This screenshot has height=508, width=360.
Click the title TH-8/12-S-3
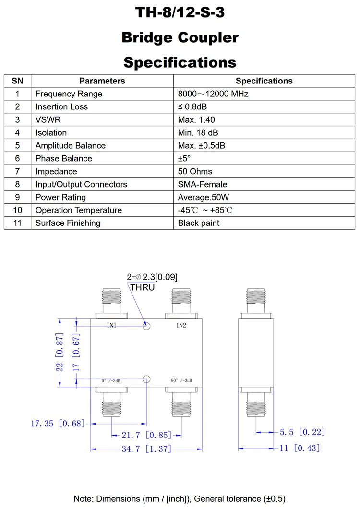pos(180,13)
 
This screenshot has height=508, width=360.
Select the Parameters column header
pos(102,81)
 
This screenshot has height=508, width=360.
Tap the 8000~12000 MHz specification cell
pos(213,94)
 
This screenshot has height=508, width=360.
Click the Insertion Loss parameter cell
pos(61,107)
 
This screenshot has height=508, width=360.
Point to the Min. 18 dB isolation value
pos(198,133)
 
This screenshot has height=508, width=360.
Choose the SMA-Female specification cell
pos(202,184)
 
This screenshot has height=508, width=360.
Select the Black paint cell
pos(199,223)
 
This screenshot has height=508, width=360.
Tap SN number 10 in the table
pos(18,210)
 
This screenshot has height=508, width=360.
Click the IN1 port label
pos(111,326)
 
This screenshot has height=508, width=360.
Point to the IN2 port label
pos(181,326)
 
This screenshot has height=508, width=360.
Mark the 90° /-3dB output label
pos(181,380)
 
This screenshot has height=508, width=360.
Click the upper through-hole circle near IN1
pos(147,326)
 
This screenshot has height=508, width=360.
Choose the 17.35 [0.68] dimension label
pos(57,423)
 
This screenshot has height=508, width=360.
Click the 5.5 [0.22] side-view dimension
pos(302,432)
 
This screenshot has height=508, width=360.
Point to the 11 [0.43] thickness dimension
pos(300,448)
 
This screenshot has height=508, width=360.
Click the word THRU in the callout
pos(143,287)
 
